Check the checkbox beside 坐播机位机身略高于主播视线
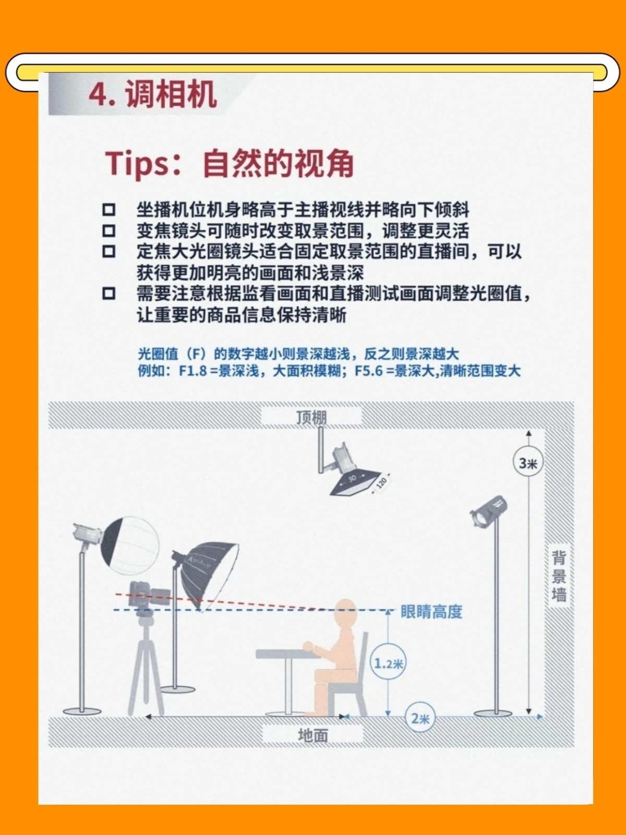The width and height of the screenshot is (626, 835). [x=109, y=210]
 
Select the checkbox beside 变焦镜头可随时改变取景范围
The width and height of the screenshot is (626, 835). [x=109, y=231]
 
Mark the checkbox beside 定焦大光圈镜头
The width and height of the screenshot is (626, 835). [x=109, y=252]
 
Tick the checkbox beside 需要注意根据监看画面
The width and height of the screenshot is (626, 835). [x=109, y=293]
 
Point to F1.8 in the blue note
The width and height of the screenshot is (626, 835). [x=192, y=371]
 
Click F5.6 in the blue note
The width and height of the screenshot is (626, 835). [x=368, y=371]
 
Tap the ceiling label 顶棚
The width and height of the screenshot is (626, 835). [x=311, y=417]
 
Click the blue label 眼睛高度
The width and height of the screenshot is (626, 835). [x=431, y=612]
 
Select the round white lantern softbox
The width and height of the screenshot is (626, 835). [x=130, y=545]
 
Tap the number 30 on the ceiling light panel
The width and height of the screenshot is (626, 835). [x=352, y=478]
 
